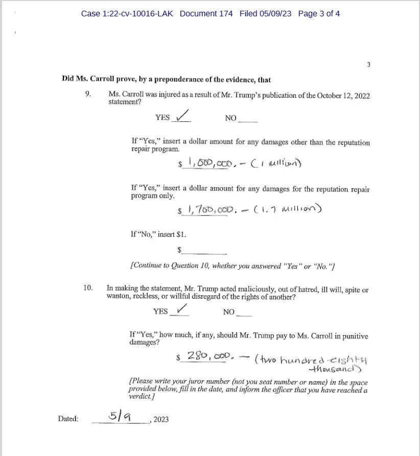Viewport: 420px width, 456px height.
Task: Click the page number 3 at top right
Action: [368, 64]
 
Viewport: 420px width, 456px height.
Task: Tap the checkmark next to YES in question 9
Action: [182, 115]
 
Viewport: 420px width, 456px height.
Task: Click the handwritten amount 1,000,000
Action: [211, 163]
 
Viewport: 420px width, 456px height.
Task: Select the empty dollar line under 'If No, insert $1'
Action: [204, 251]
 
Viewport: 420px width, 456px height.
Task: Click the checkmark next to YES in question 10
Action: [181, 309]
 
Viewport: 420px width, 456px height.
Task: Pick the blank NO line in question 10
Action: [244, 313]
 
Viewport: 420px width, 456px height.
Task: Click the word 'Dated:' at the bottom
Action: [68, 419]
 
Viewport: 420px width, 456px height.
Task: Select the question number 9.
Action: [88, 94]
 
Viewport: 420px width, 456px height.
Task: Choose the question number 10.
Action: [88, 288]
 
